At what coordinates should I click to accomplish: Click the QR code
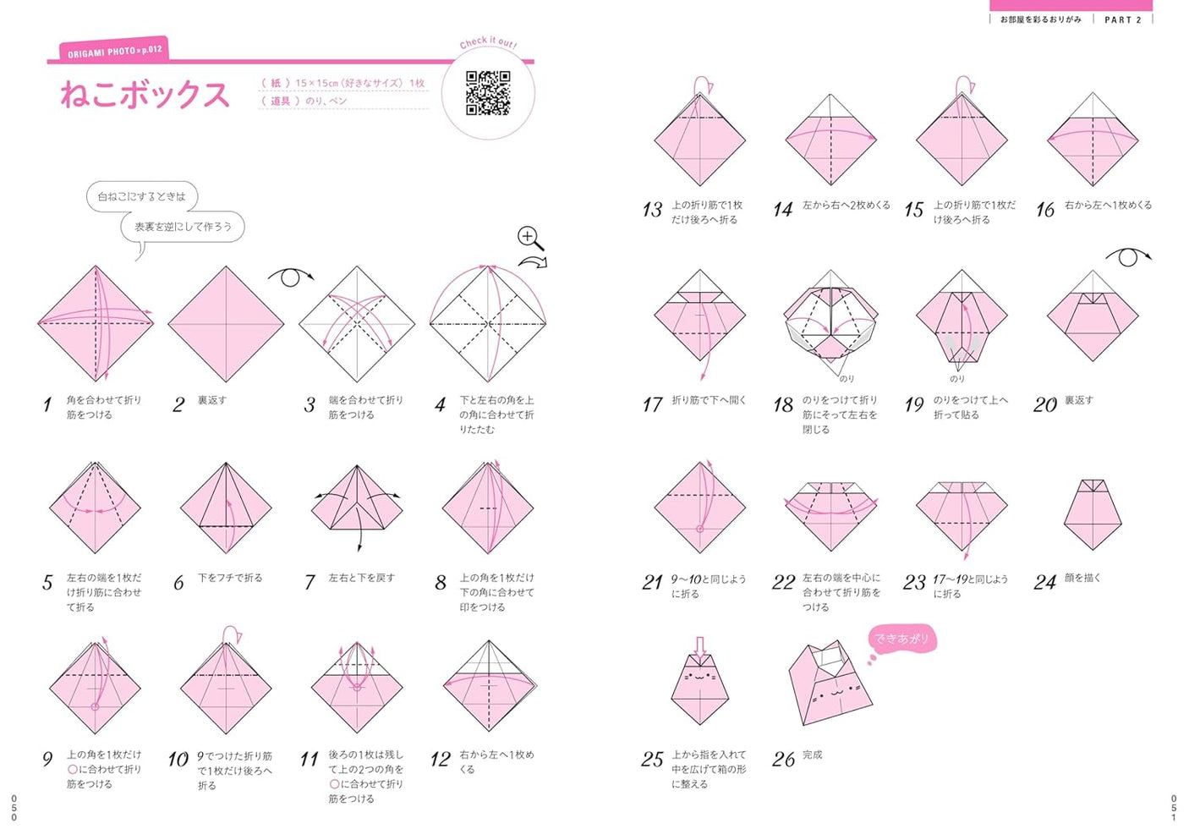488,93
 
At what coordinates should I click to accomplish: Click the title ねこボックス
145,95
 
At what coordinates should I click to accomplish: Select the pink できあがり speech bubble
901,639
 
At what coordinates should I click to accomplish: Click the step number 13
652,210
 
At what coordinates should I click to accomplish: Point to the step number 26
783,760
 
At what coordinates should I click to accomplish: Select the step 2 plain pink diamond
226,324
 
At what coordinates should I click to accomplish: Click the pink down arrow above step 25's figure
700,648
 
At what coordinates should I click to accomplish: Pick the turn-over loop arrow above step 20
1128,257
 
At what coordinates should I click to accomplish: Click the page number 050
14,808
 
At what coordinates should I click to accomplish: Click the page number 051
1174,808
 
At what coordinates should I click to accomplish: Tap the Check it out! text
488,42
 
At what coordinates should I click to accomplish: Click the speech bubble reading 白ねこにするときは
142,196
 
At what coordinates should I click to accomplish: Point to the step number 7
310,583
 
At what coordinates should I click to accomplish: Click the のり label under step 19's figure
957,379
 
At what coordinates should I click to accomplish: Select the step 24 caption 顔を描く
1082,578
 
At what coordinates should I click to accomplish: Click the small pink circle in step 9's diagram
95,706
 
